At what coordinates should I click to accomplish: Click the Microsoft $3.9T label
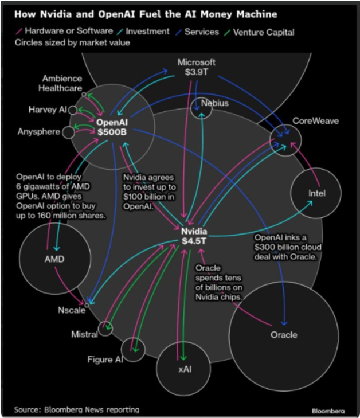pyautogui.click(x=197, y=67)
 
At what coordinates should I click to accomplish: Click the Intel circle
pyautogui.click(x=316, y=193)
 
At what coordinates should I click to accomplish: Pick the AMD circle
pyautogui.click(x=55, y=259)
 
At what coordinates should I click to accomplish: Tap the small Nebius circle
pyautogui.click(x=201, y=108)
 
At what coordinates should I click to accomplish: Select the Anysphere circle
pyautogui.click(x=68, y=132)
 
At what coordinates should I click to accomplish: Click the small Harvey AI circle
pyautogui.click(x=73, y=110)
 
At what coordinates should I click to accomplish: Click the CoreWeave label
pyautogui.click(x=315, y=121)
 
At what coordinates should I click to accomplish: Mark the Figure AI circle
pyautogui.click(x=133, y=350)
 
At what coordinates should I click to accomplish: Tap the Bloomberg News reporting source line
pyautogui.click(x=77, y=409)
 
